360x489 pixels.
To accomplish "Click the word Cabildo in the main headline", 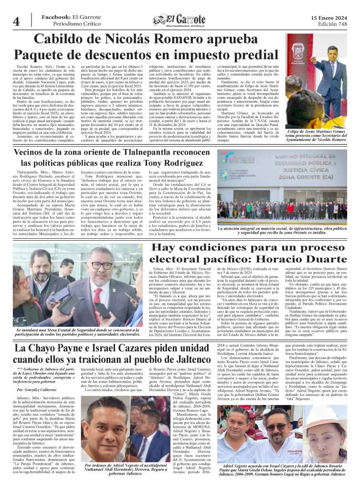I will (64, 40).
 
